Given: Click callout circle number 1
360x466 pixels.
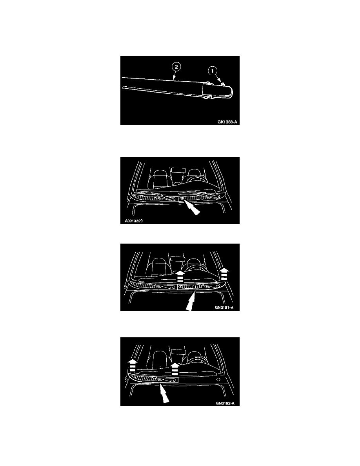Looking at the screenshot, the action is tap(213, 71).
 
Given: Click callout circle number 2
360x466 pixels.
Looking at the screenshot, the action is tap(176, 67).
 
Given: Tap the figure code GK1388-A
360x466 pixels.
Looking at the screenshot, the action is tap(227, 122).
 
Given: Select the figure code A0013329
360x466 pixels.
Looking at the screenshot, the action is tap(134, 221).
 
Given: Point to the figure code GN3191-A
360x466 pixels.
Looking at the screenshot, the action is tap(224, 308).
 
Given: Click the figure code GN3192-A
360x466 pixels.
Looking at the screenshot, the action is tap(225, 403).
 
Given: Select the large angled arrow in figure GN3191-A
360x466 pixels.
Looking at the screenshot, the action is tap(191, 301).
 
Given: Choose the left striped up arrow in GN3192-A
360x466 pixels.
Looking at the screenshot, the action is tap(133, 365).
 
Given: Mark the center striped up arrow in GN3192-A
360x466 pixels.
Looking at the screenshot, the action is tap(175, 369).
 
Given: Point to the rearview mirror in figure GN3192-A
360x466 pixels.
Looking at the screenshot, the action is tap(179, 351).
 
